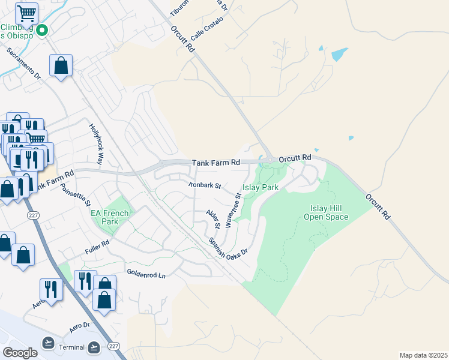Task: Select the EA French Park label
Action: click(x=109, y=217)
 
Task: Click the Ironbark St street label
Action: click(x=205, y=185)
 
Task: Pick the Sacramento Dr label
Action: click(x=23, y=64)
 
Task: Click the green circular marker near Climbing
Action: click(x=42, y=30)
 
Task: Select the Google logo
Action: click(x=20, y=352)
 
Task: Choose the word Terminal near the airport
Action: click(x=72, y=347)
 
